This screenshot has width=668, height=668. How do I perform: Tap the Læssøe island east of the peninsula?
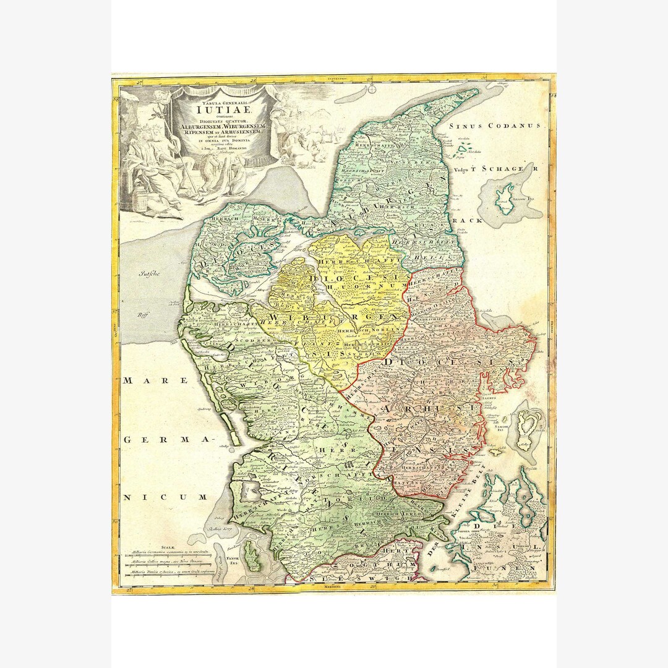505,199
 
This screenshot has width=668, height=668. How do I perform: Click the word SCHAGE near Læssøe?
502,168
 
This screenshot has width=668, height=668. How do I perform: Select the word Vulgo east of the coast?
461,168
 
